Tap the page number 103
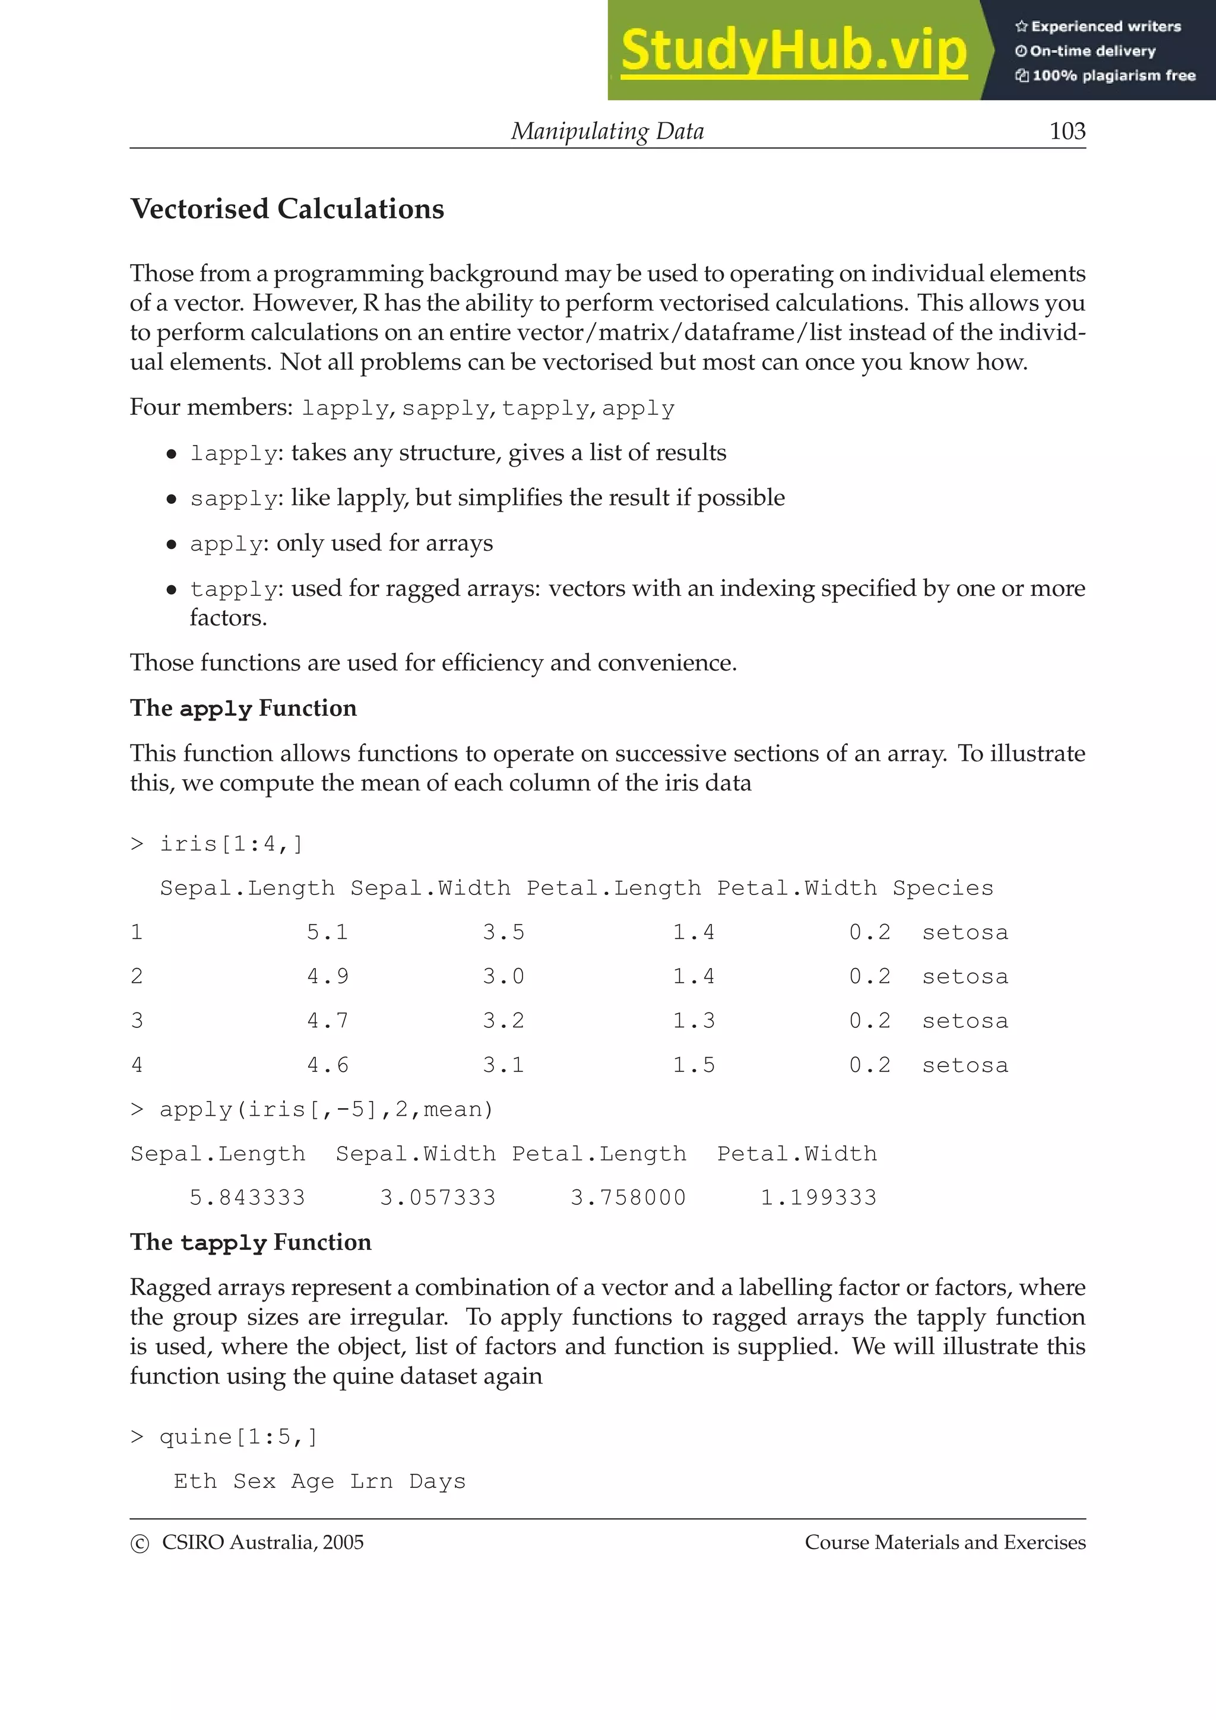pos(1067,131)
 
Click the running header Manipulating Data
pos(607,131)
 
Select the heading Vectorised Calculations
pos(287,208)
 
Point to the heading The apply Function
pos(243,708)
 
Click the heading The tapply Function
pos(250,1242)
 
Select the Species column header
pos(942,888)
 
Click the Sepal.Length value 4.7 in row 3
pos(327,1020)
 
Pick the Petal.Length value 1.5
pos(693,1065)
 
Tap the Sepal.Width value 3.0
pos(503,976)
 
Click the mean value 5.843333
pos(247,1197)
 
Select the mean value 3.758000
pos(628,1197)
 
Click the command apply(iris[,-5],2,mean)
pos(326,1109)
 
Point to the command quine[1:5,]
pos(238,1436)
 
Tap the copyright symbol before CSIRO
pos(140,1543)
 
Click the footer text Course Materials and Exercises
pos(945,1542)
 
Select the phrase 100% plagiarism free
pos(1113,75)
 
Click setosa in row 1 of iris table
pos(965,932)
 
